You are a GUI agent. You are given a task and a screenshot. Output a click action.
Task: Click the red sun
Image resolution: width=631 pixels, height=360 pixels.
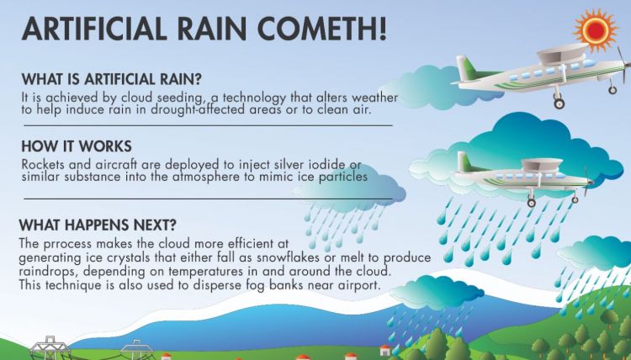tap(596, 29)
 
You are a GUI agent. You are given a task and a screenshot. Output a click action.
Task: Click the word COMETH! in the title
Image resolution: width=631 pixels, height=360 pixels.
tap(321, 29)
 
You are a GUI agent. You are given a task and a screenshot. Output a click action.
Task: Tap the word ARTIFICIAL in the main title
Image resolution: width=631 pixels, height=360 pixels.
tap(93, 29)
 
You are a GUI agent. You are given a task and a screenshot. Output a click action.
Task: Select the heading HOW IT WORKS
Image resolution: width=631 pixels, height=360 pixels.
tap(77, 146)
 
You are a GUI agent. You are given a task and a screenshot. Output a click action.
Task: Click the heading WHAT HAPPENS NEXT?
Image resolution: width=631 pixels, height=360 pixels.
tap(98, 225)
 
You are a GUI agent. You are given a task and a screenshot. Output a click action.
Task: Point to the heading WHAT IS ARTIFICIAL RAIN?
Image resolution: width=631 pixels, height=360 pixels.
tap(111, 79)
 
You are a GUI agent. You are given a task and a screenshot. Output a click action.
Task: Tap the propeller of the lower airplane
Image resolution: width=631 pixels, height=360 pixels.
tap(587, 182)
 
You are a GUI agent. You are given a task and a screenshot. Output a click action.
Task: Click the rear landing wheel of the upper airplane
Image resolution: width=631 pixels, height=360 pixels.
tap(559, 103)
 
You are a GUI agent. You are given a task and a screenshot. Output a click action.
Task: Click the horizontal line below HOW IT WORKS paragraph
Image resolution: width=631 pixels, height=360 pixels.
tap(208, 199)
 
